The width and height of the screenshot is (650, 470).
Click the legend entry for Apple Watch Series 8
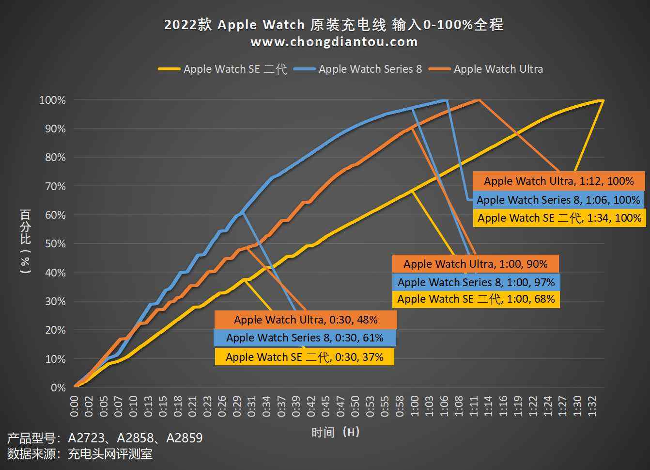coord(370,69)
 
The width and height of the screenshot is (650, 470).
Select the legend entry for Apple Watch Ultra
coord(498,69)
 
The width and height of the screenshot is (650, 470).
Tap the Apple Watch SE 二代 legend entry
coord(235,69)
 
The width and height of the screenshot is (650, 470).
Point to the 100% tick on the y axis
coord(52,100)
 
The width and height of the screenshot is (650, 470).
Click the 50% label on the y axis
coord(55,243)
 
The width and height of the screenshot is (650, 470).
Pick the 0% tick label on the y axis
coord(58,388)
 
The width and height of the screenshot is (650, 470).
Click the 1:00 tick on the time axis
coord(415,406)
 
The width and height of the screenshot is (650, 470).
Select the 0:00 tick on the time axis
coord(74,406)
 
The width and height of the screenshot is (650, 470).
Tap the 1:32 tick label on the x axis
coord(592,406)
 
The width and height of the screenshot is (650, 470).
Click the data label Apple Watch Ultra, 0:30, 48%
coord(306,320)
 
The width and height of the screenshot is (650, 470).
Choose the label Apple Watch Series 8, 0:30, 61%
coord(305,338)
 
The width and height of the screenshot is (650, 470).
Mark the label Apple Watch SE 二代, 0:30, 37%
coord(304,357)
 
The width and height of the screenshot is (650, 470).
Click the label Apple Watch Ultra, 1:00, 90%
coord(475,264)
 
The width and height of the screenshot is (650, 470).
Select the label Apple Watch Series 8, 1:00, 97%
coord(476,282)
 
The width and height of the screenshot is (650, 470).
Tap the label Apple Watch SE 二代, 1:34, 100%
coord(559,218)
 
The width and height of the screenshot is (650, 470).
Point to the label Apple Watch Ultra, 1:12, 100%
coord(558,181)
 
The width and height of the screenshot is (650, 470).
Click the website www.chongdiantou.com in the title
coord(334,42)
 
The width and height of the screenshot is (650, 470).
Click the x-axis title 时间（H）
coord(335,432)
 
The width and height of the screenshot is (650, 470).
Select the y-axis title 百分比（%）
coord(25,241)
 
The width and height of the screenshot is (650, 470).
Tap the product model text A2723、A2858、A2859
coord(135,438)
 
